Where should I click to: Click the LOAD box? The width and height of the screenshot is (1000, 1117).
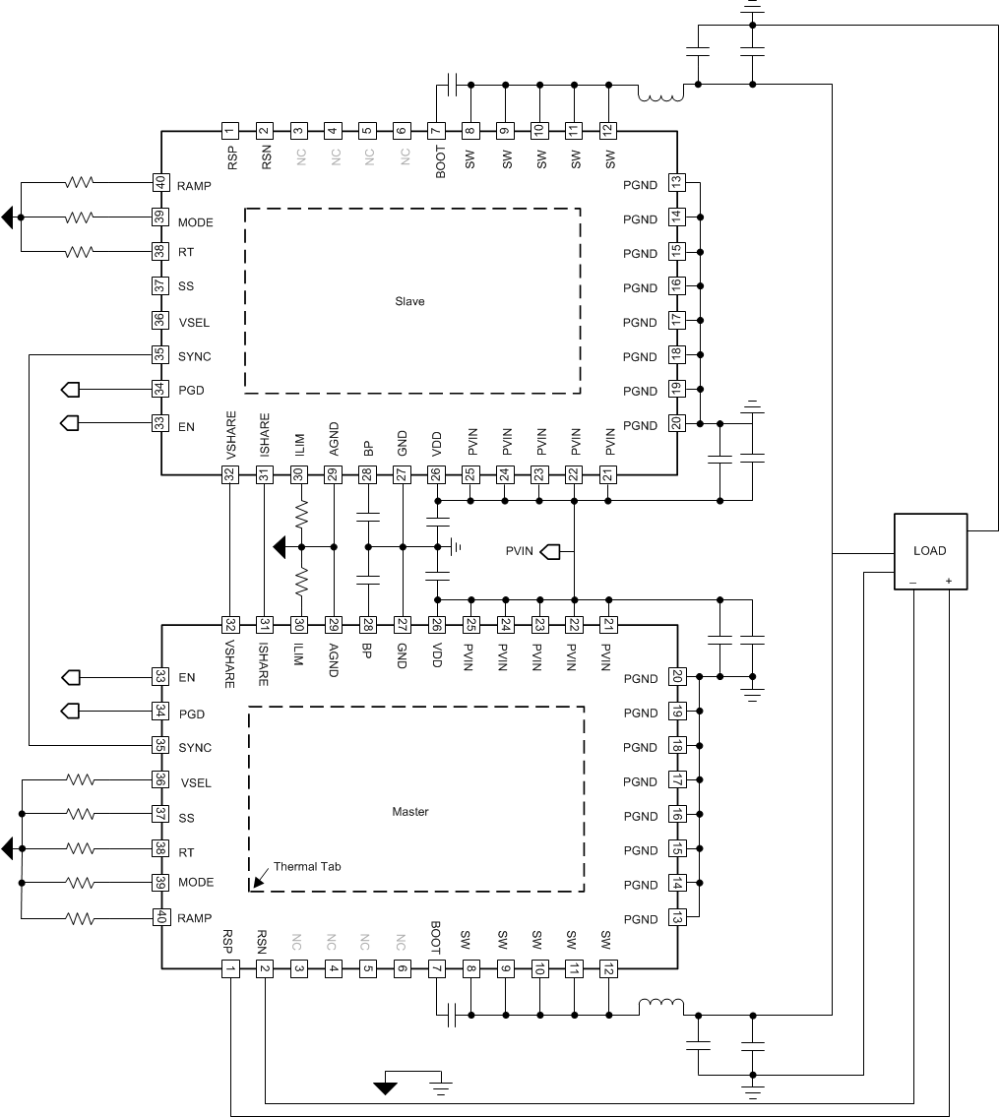click(x=929, y=551)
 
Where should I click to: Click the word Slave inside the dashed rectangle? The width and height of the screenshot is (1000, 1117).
click(x=409, y=301)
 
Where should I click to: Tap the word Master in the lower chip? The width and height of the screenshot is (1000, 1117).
click(x=410, y=812)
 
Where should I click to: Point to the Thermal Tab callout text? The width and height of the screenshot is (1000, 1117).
click(x=307, y=866)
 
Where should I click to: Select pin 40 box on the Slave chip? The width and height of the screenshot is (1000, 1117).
click(x=159, y=183)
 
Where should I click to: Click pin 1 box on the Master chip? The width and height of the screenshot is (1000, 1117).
click(x=229, y=969)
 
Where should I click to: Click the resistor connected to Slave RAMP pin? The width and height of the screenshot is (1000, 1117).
click(x=79, y=183)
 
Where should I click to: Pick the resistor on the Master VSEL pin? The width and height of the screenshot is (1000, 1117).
click(x=79, y=779)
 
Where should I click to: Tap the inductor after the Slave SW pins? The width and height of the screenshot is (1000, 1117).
click(x=661, y=95)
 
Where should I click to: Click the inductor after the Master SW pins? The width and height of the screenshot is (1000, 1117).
click(x=661, y=1005)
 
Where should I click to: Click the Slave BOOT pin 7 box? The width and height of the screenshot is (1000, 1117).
click(x=436, y=130)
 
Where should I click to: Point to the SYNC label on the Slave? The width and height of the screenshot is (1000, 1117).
click(x=195, y=356)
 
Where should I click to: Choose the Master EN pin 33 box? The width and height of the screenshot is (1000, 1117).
click(x=159, y=677)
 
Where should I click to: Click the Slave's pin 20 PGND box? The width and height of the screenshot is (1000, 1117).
click(x=676, y=424)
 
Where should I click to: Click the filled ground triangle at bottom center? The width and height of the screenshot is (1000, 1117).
click(x=386, y=1087)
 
